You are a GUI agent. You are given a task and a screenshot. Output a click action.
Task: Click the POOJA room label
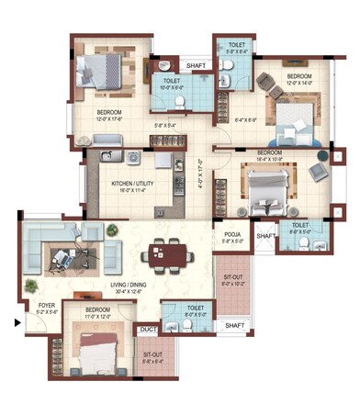(x=231, y=235)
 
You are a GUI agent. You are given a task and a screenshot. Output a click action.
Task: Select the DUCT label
(x=147, y=328)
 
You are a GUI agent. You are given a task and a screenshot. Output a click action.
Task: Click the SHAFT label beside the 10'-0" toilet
(x=197, y=66)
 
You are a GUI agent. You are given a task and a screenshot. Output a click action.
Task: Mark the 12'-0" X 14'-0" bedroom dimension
(x=299, y=83)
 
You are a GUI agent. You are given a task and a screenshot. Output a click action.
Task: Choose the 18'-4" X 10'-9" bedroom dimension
(x=269, y=159)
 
